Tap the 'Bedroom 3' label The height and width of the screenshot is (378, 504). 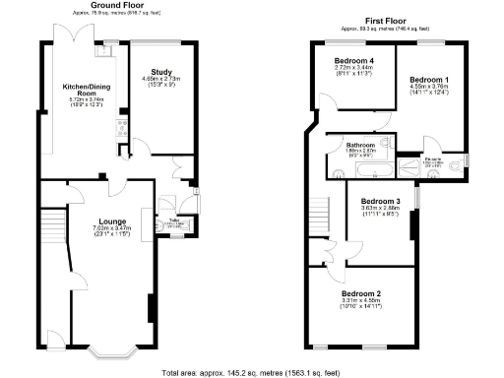click(x=382, y=201)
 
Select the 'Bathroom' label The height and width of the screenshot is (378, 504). click(x=359, y=144)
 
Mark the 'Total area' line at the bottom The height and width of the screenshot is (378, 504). click(x=251, y=373)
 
